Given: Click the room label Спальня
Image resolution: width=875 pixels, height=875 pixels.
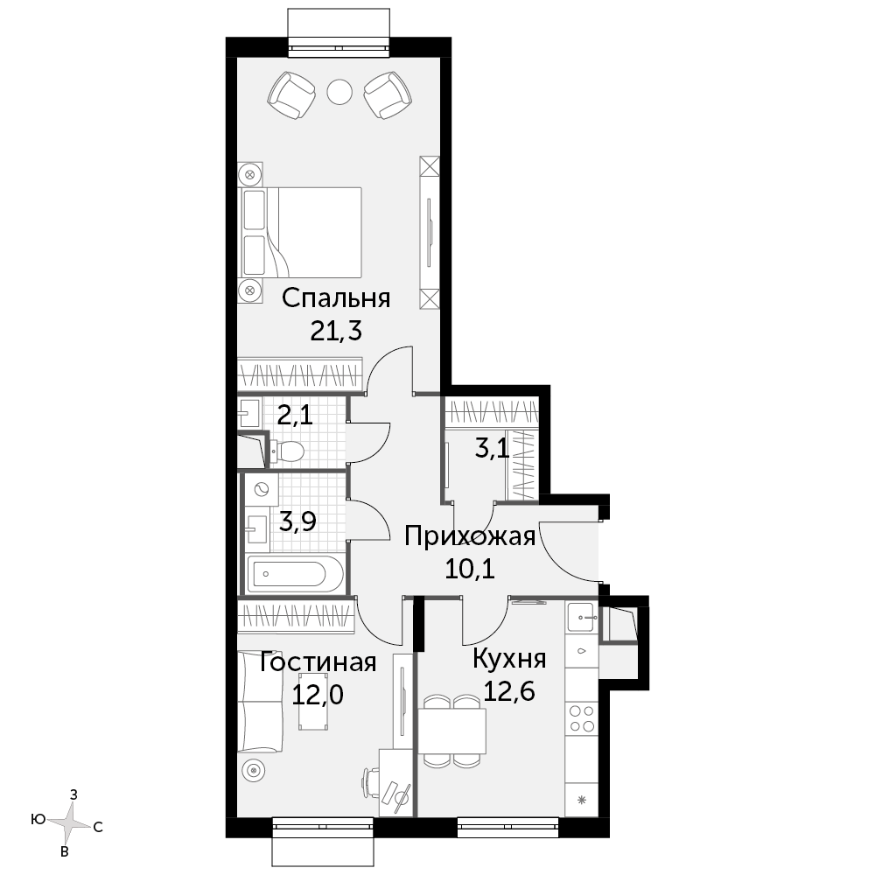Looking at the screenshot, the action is click(336, 298).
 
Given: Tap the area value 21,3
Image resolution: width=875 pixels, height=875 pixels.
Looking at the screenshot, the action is click(336, 332).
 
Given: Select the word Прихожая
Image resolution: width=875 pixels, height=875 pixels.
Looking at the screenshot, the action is click(470, 537).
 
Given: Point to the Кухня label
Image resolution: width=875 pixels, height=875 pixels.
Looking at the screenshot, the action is click(509, 659).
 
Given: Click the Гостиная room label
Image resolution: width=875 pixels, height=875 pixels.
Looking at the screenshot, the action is click(318, 662).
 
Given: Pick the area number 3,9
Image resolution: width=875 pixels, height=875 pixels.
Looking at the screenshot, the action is click(297, 521).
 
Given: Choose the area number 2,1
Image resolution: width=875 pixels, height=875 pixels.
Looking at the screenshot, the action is click(295, 415).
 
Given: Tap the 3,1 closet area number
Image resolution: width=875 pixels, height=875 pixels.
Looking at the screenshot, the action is click(492, 448).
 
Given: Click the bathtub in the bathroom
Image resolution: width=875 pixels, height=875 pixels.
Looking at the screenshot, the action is click(295, 573).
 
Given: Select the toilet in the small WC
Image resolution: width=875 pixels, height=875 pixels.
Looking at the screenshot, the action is click(286, 451).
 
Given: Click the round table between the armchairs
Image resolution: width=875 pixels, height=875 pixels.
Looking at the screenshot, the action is click(339, 92).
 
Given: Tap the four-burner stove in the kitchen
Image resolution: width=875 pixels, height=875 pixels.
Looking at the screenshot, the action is click(582, 718).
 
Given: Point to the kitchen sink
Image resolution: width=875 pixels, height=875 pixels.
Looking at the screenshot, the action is click(582, 617).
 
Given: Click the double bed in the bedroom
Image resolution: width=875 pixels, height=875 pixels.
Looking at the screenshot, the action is click(300, 232).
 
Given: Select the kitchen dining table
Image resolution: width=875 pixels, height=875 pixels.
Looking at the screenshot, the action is click(452, 731).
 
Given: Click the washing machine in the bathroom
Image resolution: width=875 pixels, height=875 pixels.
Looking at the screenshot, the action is click(261, 489).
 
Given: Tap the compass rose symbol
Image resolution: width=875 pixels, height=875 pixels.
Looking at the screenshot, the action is click(68, 822).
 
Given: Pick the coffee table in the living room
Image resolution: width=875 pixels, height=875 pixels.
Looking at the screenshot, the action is click(312, 702).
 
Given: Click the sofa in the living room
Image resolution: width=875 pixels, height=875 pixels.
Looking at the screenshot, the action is click(260, 702).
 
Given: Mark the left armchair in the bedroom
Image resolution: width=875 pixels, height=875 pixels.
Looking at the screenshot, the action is click(291, 94).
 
